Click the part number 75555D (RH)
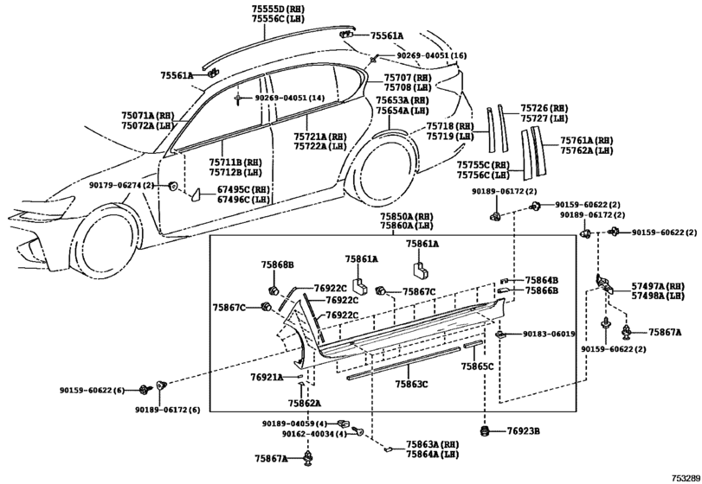point(278,9)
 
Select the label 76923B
point(524,431)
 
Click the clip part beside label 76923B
point(485,431)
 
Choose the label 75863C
point(411,384)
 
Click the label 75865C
point(477,366)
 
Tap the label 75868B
point(278,265)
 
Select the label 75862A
point(305,403)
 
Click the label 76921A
point(267,378)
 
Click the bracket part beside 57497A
point(603,283)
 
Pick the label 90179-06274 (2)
point(121,186)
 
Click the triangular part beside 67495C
point(196,194)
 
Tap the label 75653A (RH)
point(402,100)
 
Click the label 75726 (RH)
point(544,108)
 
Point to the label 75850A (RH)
point(407,216)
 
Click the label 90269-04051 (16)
point(432,55)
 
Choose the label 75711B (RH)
point(235,162)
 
